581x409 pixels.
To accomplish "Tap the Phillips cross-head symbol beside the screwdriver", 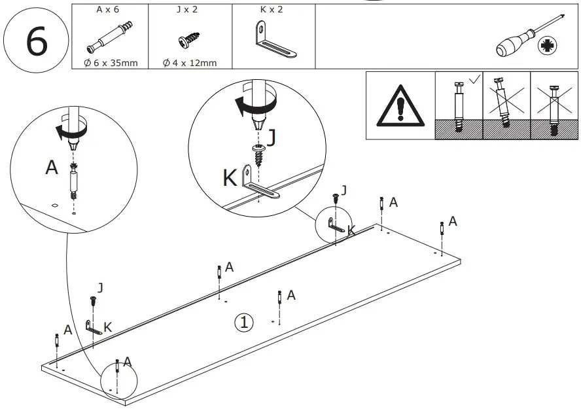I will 545,46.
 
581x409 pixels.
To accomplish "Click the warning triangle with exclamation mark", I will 399,106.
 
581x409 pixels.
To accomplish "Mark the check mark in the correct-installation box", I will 472,80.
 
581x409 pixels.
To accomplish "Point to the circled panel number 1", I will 244,322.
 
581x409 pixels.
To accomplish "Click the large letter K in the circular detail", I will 230,178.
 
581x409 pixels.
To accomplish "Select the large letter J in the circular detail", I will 272,137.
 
